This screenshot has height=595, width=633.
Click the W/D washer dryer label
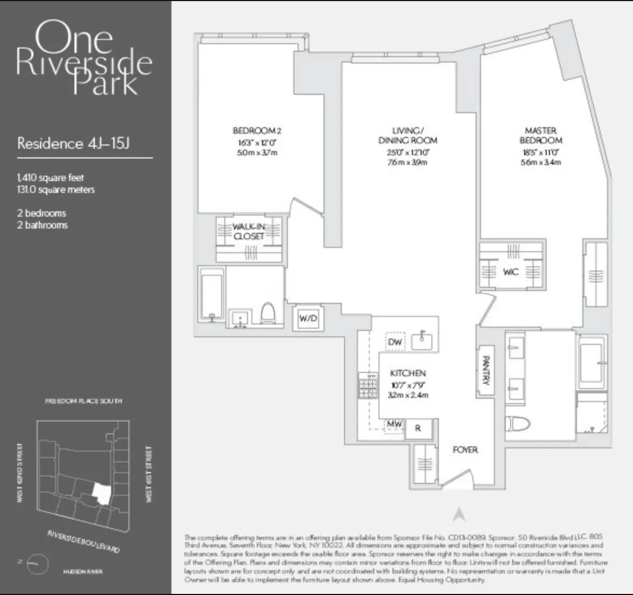point(308,319)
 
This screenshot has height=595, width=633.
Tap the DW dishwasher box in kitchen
point(395,342)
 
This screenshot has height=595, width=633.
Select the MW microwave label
point(394,425)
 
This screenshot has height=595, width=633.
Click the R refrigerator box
point(417,428)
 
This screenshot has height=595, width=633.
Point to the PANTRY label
point(486,370)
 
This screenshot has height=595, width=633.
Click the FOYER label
point(465,449)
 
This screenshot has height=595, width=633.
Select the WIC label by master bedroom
point(510,272)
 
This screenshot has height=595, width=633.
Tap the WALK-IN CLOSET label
point(249,231)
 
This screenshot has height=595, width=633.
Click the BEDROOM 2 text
point(257,130)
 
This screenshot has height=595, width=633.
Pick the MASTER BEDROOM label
point(540,135)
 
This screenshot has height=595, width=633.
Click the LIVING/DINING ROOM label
point(408,135)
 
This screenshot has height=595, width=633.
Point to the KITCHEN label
point(408,373)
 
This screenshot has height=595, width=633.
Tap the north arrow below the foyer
point(459,515)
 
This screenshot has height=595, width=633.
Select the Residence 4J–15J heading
point(73,143)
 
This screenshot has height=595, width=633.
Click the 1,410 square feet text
point(50,177)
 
